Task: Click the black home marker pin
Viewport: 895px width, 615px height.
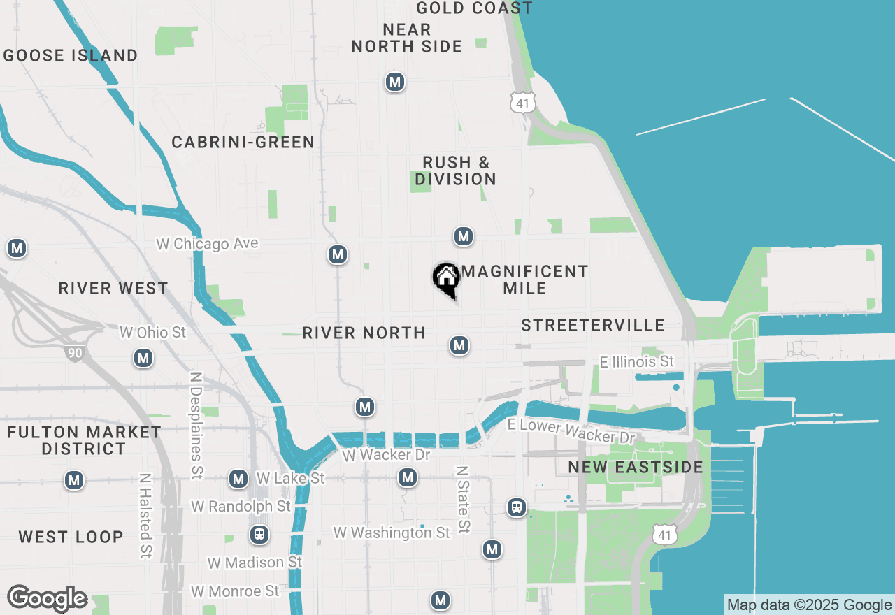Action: click(x=446, y=279)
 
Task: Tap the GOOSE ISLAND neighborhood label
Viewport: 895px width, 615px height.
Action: click(x=71, y=55)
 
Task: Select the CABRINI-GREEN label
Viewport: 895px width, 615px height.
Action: click(x=243, y=143)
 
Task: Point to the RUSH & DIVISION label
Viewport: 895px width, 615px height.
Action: click(x=456, y=171)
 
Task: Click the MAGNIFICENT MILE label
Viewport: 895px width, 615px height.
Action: click(x=525, y=280)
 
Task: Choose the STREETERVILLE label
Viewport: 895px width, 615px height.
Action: click(x=593, y=325)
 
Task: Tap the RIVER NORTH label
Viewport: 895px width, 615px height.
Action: click(x=364, y=333)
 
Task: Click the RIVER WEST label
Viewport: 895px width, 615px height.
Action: click(x=113, y=288)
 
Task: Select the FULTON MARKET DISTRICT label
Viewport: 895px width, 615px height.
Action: click(x=84, y=440)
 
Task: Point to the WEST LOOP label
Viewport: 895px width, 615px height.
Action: click(x=71, y=537)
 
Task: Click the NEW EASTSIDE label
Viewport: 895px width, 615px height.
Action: click(x=636, y=467)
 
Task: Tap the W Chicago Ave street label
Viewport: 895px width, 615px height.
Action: click(x=207, y=244)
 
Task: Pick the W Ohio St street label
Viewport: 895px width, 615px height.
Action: click(x=153, y=332)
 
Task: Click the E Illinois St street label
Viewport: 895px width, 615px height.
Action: click(x=637, y=361)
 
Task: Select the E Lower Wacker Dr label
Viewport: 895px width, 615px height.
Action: click(x=571, y=431)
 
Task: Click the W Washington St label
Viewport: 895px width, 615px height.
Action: click(x=392, y=533)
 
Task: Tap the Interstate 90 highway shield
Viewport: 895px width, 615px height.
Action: click(x=75, y=352)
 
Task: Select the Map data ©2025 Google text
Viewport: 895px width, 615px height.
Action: click(x=809, y=605)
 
